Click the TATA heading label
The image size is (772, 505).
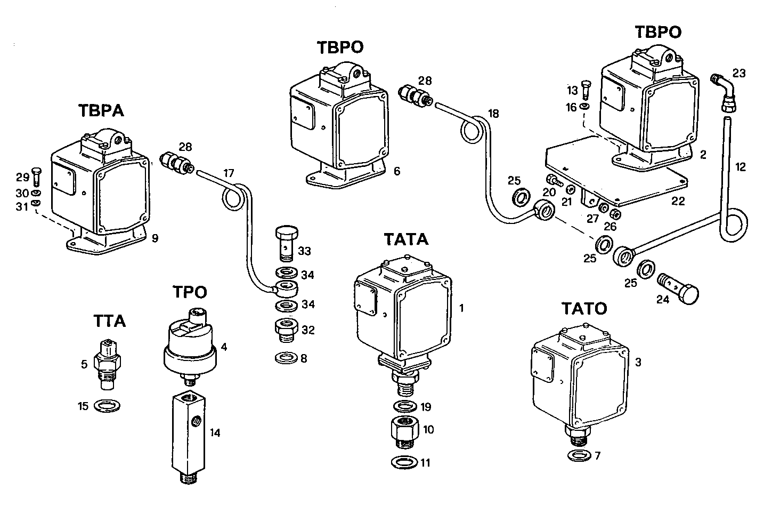coord(405,239)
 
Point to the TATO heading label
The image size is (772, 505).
coord(583,309)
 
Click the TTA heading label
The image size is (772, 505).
coord(109,321)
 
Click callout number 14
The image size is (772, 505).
coord(215,432)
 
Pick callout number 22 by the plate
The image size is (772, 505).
coord(678,202)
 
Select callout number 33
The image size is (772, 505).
coord(304,251)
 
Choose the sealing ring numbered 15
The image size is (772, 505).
coord(107,406)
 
